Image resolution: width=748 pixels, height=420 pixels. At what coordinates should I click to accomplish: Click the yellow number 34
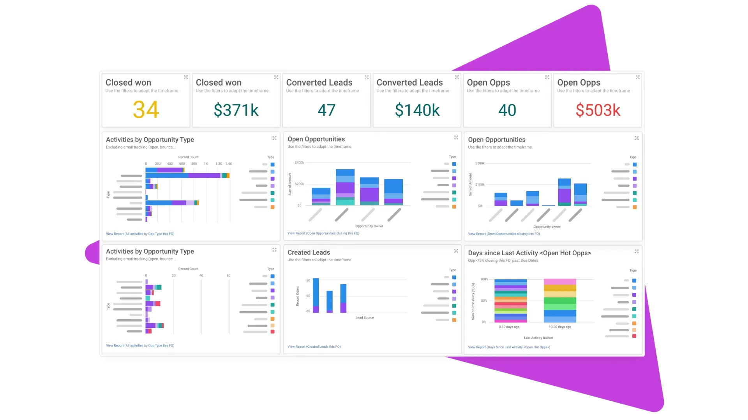pos(146,110)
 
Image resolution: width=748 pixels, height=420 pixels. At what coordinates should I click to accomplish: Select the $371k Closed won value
pos(236,110)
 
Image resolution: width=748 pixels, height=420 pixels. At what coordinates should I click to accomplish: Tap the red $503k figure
pos(598,110)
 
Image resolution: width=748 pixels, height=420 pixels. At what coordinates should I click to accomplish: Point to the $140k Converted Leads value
pos(417,110)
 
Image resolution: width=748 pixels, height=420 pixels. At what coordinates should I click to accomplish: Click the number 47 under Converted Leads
pos(326,110)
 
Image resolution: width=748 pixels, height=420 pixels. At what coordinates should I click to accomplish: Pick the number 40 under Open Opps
pos(507,110)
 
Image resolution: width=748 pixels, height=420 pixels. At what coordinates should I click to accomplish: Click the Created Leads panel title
pos(309,252)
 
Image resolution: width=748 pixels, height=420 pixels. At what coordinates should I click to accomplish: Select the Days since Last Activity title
pos(529,253)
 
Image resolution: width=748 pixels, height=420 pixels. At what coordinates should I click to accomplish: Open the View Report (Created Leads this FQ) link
pos(314,346)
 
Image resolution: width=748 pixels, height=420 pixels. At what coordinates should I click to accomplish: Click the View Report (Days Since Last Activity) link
pos(509,347)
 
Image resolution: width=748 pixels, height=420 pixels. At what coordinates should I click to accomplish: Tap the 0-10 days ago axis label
pos(509,327)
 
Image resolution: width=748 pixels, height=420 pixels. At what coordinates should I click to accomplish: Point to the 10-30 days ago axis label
pos(560,327)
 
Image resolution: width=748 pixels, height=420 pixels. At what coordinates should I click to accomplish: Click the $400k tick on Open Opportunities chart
pos(299,163)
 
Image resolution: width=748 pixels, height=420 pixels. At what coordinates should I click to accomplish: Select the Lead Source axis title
pos(365,318)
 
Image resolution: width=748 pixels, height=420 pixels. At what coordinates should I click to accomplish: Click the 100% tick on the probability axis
pos(484,279)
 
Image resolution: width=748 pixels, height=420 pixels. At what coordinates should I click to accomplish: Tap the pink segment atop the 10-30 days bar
pos(560,282)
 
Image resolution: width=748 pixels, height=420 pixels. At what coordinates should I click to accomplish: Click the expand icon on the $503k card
pos(638,77)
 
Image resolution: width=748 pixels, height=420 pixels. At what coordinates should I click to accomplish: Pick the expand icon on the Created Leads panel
pos(456,251)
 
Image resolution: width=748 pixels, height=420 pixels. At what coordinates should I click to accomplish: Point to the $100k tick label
pos(480,184)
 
